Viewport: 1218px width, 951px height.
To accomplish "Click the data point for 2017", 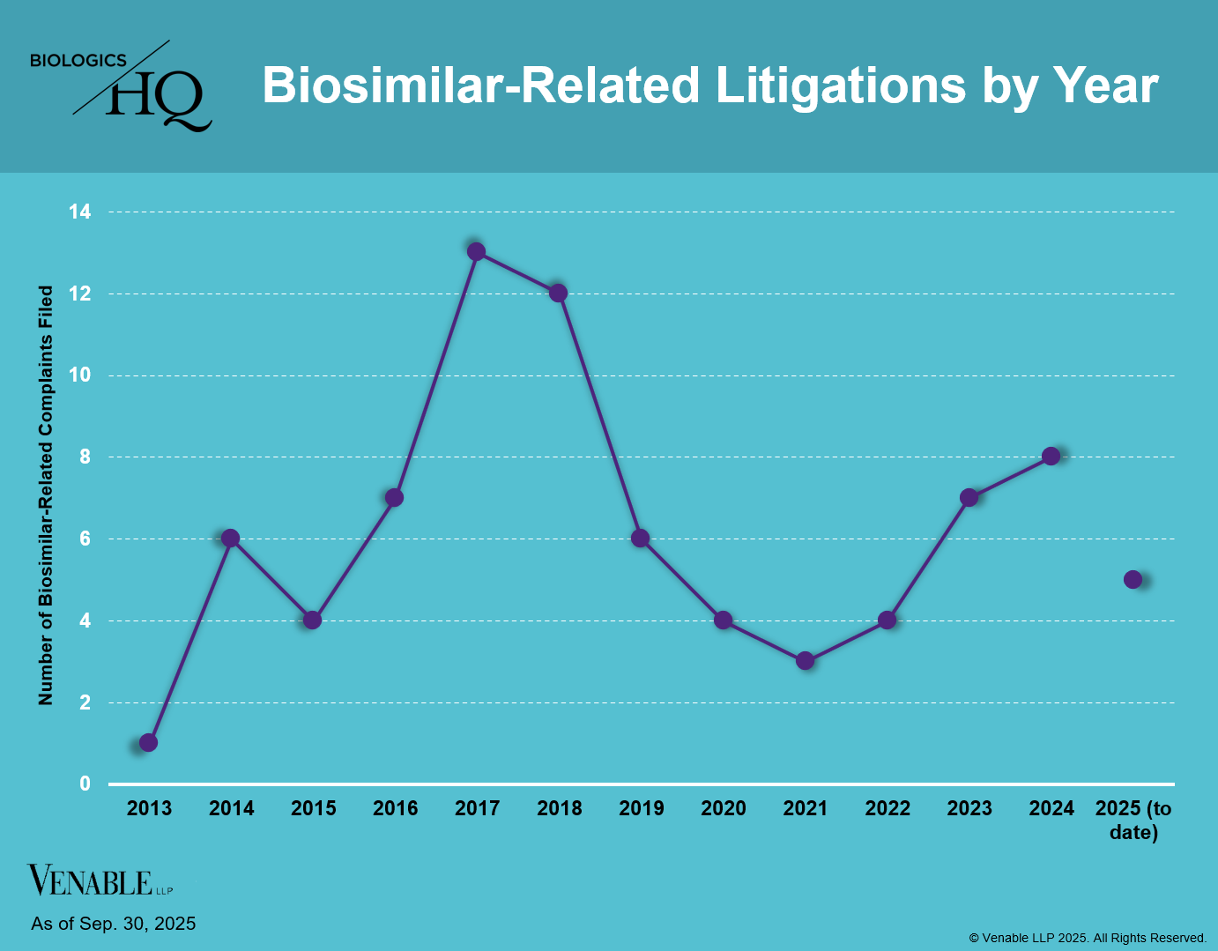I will tap(476, 251).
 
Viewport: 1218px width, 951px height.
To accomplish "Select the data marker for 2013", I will tap(148, 742).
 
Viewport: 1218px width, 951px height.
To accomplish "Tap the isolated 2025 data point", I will tap(1133, 579).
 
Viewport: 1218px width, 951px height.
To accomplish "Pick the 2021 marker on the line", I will tap(805, 660).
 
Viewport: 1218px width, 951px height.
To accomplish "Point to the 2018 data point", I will tap(558, 293).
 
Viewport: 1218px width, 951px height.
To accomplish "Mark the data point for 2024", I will tap(1051, 456).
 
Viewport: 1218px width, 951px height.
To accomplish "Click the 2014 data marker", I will tap(230, 538).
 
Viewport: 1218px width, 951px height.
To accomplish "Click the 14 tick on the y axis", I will tap(80, 212).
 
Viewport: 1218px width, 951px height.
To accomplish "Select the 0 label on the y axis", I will tap(85, 784).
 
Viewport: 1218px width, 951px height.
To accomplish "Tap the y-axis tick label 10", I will tap(80, 375).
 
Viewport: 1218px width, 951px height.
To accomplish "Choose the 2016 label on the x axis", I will tap(395, 808).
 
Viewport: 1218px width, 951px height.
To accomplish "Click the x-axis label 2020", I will tap(723, 808).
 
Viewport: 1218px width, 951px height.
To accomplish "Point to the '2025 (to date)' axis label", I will tap(1133, 820).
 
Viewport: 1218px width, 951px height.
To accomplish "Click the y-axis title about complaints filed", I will tap(46, 495).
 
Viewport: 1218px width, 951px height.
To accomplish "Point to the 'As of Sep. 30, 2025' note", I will tap(114, 924).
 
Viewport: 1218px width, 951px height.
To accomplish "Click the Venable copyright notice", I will tap(1088, 938).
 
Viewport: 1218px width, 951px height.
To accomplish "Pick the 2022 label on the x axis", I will tap(888, 808).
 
